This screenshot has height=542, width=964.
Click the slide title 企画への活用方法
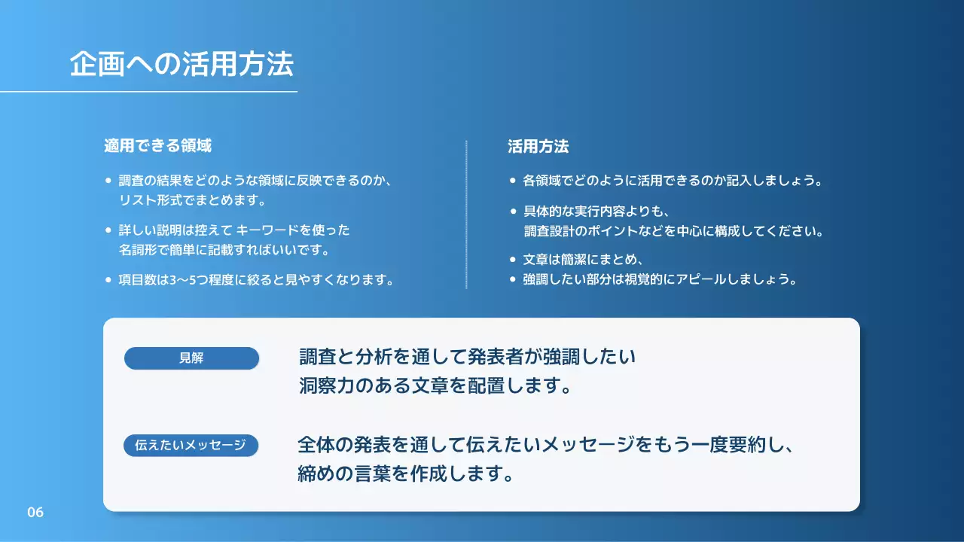pyautogui.click(x=181, y=65)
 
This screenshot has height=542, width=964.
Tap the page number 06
pyautogui.click(x=35, y=513)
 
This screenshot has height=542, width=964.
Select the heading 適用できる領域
pyautogui.click(x=157, y=146)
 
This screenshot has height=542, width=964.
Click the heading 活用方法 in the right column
pyautogui.click(x=538, y=146)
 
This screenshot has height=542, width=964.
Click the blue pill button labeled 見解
pyautogui.click(x=191, y=358)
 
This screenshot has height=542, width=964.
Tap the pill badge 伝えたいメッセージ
pyautogui.click(x=191, y=446)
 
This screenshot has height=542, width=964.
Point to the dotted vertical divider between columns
pyautogui.click(x=466, y=215)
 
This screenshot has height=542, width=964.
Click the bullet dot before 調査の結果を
pyautogui.click(x=108, y=181)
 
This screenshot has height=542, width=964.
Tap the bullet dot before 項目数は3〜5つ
pyautogui.click(x=108, y=280)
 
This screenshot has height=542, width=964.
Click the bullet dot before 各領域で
pyautogui.click(x=513, y=181)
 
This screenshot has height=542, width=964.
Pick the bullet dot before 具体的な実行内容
pyautogui.click(x=513, y=212)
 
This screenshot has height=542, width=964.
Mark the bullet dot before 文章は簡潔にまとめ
pyautogui.click(x=513, y=260)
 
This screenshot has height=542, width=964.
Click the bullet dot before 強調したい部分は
pyautogui.click(x=513, y=279)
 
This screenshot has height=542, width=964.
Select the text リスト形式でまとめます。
pyautogui.click(x=192, y=201)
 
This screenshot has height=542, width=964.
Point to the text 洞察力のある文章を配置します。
pyautogui.click(x=434, y=386)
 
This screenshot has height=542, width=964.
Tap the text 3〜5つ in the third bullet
pyautogui.click(x=185, y=280)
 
